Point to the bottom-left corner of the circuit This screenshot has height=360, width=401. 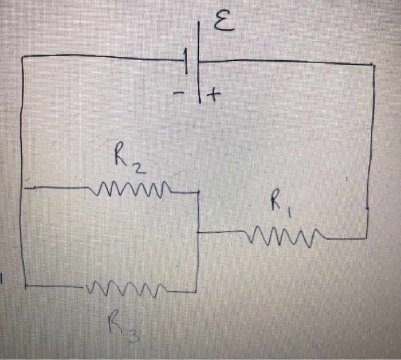click(25, 284)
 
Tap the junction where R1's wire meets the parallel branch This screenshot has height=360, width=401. click(198, 232)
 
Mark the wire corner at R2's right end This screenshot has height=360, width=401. click(198, 193)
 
